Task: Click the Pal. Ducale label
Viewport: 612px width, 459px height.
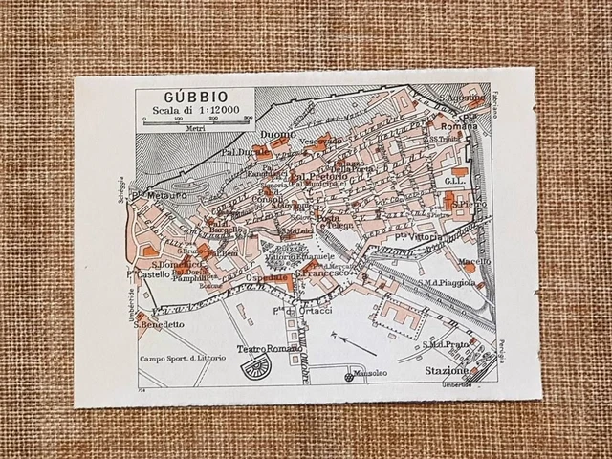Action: tap(244, 151)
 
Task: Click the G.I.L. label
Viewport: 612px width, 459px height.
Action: tap(454, 180)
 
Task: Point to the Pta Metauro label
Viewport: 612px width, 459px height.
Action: tap(164, 195)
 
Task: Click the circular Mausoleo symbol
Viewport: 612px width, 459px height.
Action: tap(349, 378)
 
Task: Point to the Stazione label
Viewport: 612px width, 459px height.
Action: tap(449, 371)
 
